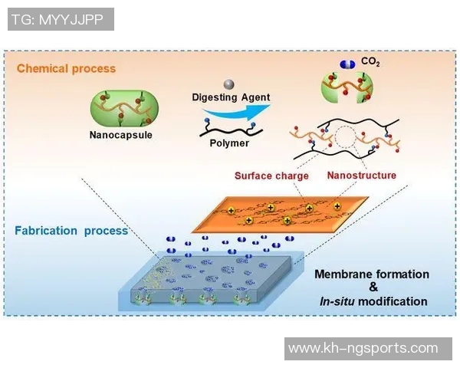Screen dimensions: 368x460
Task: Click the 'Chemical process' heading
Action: pos(66,68)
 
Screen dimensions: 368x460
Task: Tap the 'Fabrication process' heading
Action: pos(71,231)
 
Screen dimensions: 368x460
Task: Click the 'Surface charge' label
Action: pos(271,176)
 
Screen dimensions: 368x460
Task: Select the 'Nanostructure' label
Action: pos(362,176)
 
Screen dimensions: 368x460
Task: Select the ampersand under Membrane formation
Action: pos(373,287)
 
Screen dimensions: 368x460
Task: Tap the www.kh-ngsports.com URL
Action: pos(363,349)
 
